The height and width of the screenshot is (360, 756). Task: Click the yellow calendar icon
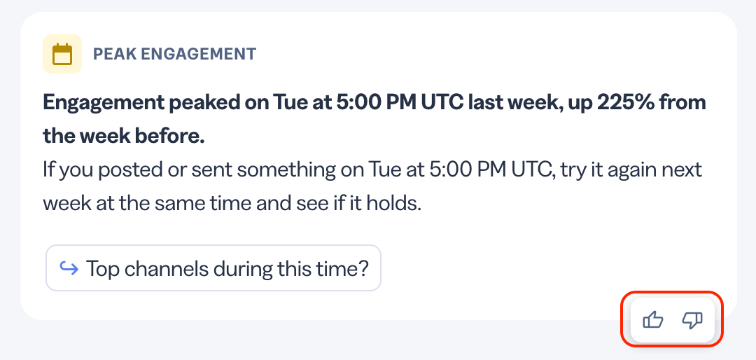pyautogui.click(x=62, y=54)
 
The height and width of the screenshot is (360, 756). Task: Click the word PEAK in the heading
pyautogui.click(x=109, y=54)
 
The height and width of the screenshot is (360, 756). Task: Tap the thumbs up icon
pyautogui.click(x=653, y=320)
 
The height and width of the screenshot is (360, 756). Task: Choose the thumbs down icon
pyautogui.click(x=692, y=320)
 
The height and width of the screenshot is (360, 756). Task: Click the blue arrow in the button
pyautogui.click(x=69, y=268)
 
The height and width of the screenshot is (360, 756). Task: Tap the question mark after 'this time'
pyautogui.click(x=363, y=268)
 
